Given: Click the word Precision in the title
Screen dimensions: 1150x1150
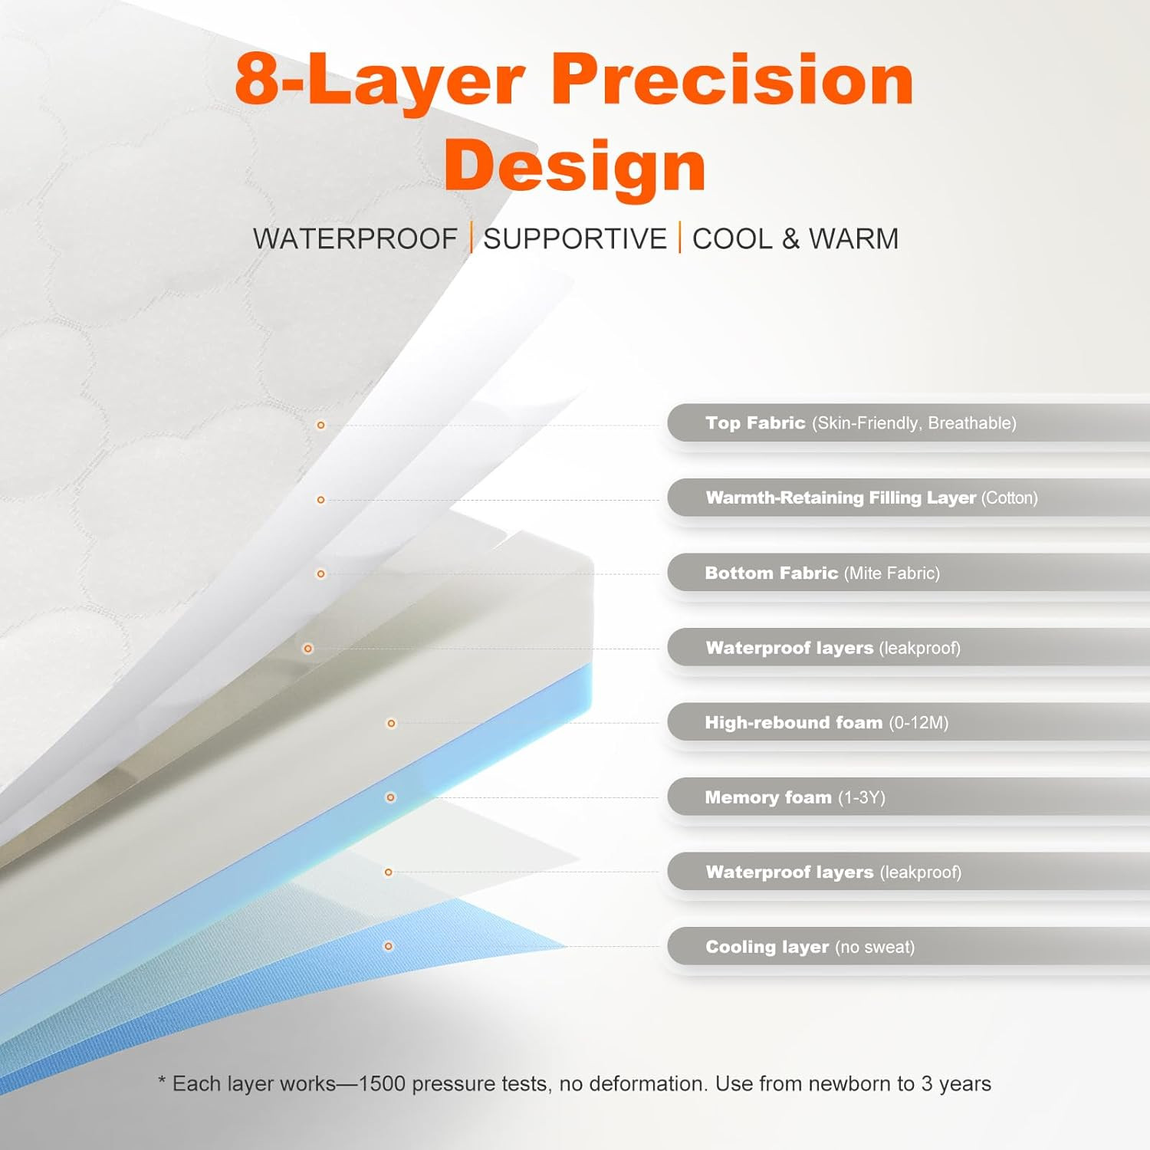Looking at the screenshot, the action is pos(732,80).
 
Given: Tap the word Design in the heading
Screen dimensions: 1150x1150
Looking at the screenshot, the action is pos(575,166).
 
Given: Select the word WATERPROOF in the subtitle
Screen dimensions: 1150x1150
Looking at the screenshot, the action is pos(355,238).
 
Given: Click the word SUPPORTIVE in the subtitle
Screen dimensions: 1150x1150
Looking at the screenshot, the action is pos(575,238).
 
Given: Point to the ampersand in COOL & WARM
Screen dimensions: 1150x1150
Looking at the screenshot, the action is pos(790,238).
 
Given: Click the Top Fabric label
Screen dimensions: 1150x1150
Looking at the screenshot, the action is pos(861,423).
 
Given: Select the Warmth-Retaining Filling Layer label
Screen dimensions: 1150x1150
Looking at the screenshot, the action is pos(872,498).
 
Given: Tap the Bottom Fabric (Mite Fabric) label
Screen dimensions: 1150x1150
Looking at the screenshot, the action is pos(823,573).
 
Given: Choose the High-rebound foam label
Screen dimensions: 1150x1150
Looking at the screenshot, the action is pos(826,723).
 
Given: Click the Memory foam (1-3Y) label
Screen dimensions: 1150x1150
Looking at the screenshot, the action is pos(795,797).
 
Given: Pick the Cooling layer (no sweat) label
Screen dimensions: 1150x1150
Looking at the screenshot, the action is pos(810,947).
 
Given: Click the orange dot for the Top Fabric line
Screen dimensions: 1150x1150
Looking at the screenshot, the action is pos(321,425).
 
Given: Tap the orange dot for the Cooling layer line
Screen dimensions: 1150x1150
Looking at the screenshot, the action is pos(389,946).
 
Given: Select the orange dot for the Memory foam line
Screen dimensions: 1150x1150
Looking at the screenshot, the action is pos(390,797).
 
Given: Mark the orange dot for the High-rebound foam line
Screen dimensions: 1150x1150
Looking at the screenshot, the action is pos(391,723).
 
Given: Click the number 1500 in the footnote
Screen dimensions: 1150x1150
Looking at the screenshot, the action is pos(382,1084).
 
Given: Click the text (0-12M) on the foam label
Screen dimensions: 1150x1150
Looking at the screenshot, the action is pos(918,723).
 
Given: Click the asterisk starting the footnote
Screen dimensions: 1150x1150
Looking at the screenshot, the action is pos(162,1080).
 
